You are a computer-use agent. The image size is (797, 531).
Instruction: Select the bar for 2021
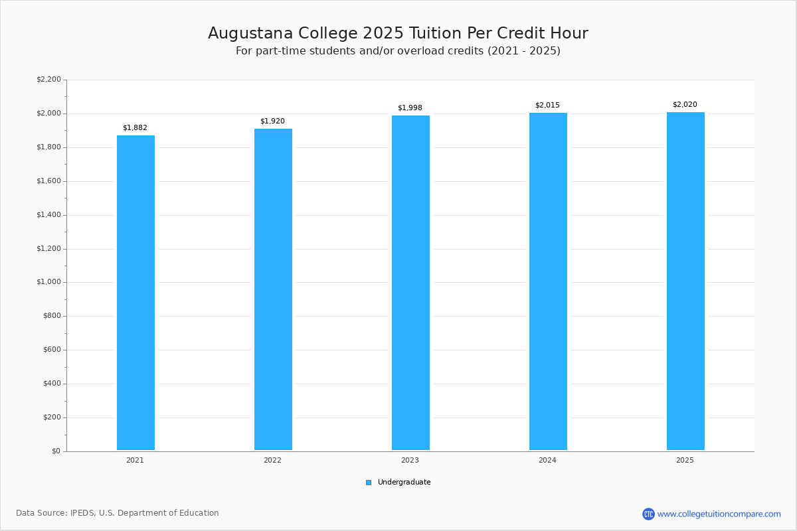coord(135,293)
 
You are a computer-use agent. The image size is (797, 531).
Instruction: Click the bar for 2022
coord(273,289)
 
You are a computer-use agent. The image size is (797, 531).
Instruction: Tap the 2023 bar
coord(410,283)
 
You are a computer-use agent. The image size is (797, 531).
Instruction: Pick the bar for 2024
coord(548,281)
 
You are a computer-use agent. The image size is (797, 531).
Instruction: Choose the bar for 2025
coord(685,281)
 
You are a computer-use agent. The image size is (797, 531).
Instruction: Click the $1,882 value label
coord(135,128)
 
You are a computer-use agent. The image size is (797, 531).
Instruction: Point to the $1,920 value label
coord(272,121)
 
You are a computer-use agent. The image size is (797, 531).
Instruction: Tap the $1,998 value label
coord(410,108)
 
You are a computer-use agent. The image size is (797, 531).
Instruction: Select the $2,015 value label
coord(547,106)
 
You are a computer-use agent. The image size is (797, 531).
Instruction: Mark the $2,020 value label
coord(685,105)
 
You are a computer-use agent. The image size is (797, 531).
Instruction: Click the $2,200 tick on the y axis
coord(48,80)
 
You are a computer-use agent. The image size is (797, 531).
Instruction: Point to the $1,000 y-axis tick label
coord(48,282)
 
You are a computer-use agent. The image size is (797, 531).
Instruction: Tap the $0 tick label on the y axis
coord(55,451)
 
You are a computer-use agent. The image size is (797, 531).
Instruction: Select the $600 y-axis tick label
coord(50,350)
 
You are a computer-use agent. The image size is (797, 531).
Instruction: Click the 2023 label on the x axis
coord(410,460)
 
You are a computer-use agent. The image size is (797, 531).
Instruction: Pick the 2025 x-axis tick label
coord(685,460)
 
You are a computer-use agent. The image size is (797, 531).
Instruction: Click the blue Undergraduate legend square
coord(369,483)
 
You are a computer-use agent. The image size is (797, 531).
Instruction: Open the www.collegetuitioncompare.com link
coord(719,514)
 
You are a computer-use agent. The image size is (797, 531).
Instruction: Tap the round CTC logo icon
coord(648,514)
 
